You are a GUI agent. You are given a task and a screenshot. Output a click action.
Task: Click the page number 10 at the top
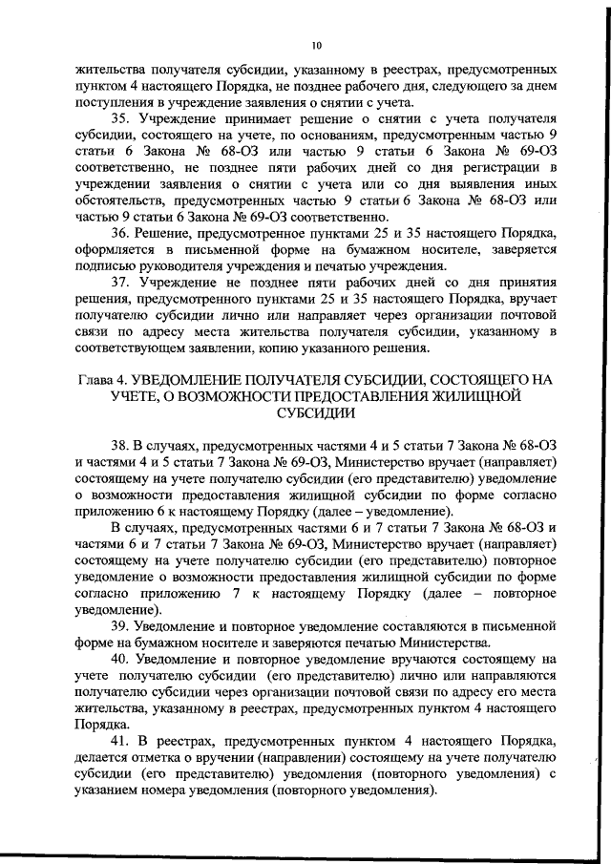pos(316,44)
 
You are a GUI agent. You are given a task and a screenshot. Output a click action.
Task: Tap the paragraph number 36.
pos(121,235)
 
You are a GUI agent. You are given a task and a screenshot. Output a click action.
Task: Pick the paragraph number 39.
pos(121,625)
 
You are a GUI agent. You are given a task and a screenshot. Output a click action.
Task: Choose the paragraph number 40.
pos(121,660)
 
